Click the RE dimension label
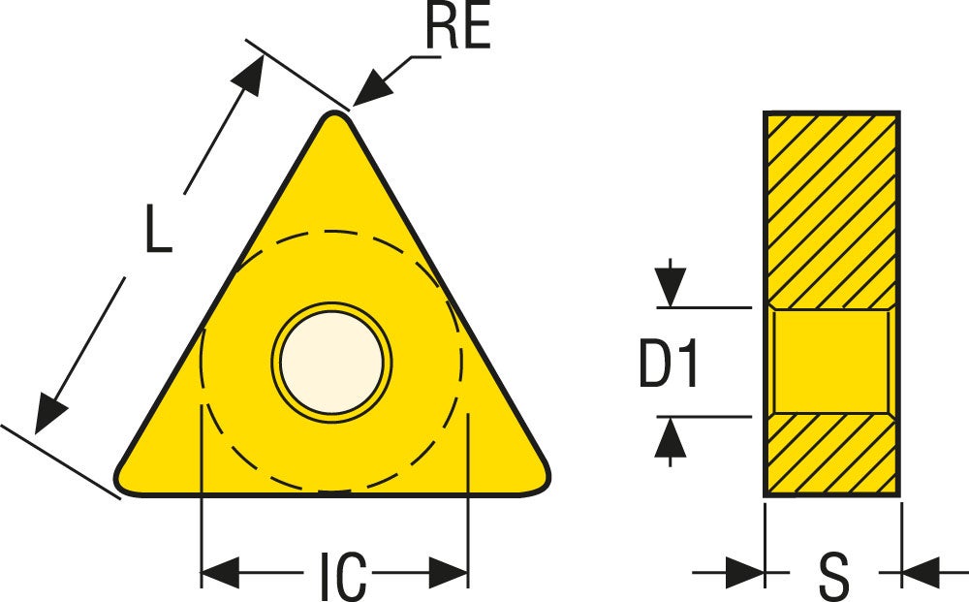click(x=458, y=26)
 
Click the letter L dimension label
click(x=159, y=229)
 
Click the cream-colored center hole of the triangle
click(x=331, y=363)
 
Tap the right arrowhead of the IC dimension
click(x=448, y=572)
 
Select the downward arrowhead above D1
click(x=671, y=286)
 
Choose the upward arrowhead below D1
click(x=671, y=437)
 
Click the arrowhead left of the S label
click(x=745, y=572)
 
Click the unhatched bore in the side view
click(x=831, y=362)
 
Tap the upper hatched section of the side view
click(x=831, y=210)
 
